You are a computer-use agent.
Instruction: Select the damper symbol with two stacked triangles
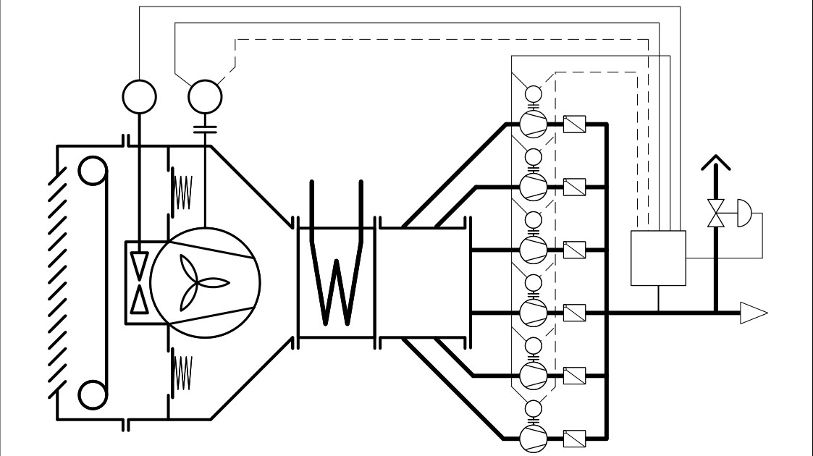137,283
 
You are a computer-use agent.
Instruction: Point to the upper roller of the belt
91,172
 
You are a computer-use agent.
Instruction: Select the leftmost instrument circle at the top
138,96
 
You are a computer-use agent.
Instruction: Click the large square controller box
658,258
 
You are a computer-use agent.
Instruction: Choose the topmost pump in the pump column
534,124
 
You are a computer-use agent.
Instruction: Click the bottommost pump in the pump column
534,437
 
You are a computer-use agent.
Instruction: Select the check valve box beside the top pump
573,124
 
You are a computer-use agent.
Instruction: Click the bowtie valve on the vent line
716,215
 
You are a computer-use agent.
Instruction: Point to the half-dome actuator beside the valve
743,215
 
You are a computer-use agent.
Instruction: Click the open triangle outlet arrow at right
753,313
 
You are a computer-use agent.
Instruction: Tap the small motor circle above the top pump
534,94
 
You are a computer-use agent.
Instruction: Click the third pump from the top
534,249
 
